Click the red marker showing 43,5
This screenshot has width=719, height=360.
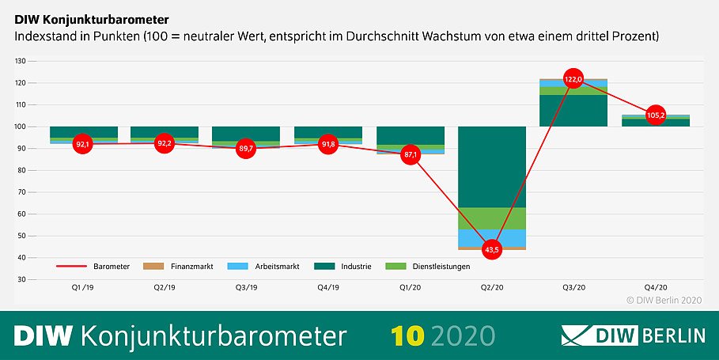coord(492,249)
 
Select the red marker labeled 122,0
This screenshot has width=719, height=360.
coord(573,79)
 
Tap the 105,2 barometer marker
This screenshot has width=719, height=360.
coord(656,115)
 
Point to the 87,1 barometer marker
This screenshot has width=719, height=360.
coord(410,155)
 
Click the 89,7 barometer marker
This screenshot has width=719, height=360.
coord(246,150)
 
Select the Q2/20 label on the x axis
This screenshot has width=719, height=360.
coord(492,288)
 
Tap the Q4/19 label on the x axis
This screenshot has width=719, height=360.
coord(327,288)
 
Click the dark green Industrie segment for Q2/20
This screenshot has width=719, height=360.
coord(492,166)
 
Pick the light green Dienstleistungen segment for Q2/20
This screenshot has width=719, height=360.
coord(492,218)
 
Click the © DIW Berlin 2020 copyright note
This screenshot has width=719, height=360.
coord(664,301)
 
